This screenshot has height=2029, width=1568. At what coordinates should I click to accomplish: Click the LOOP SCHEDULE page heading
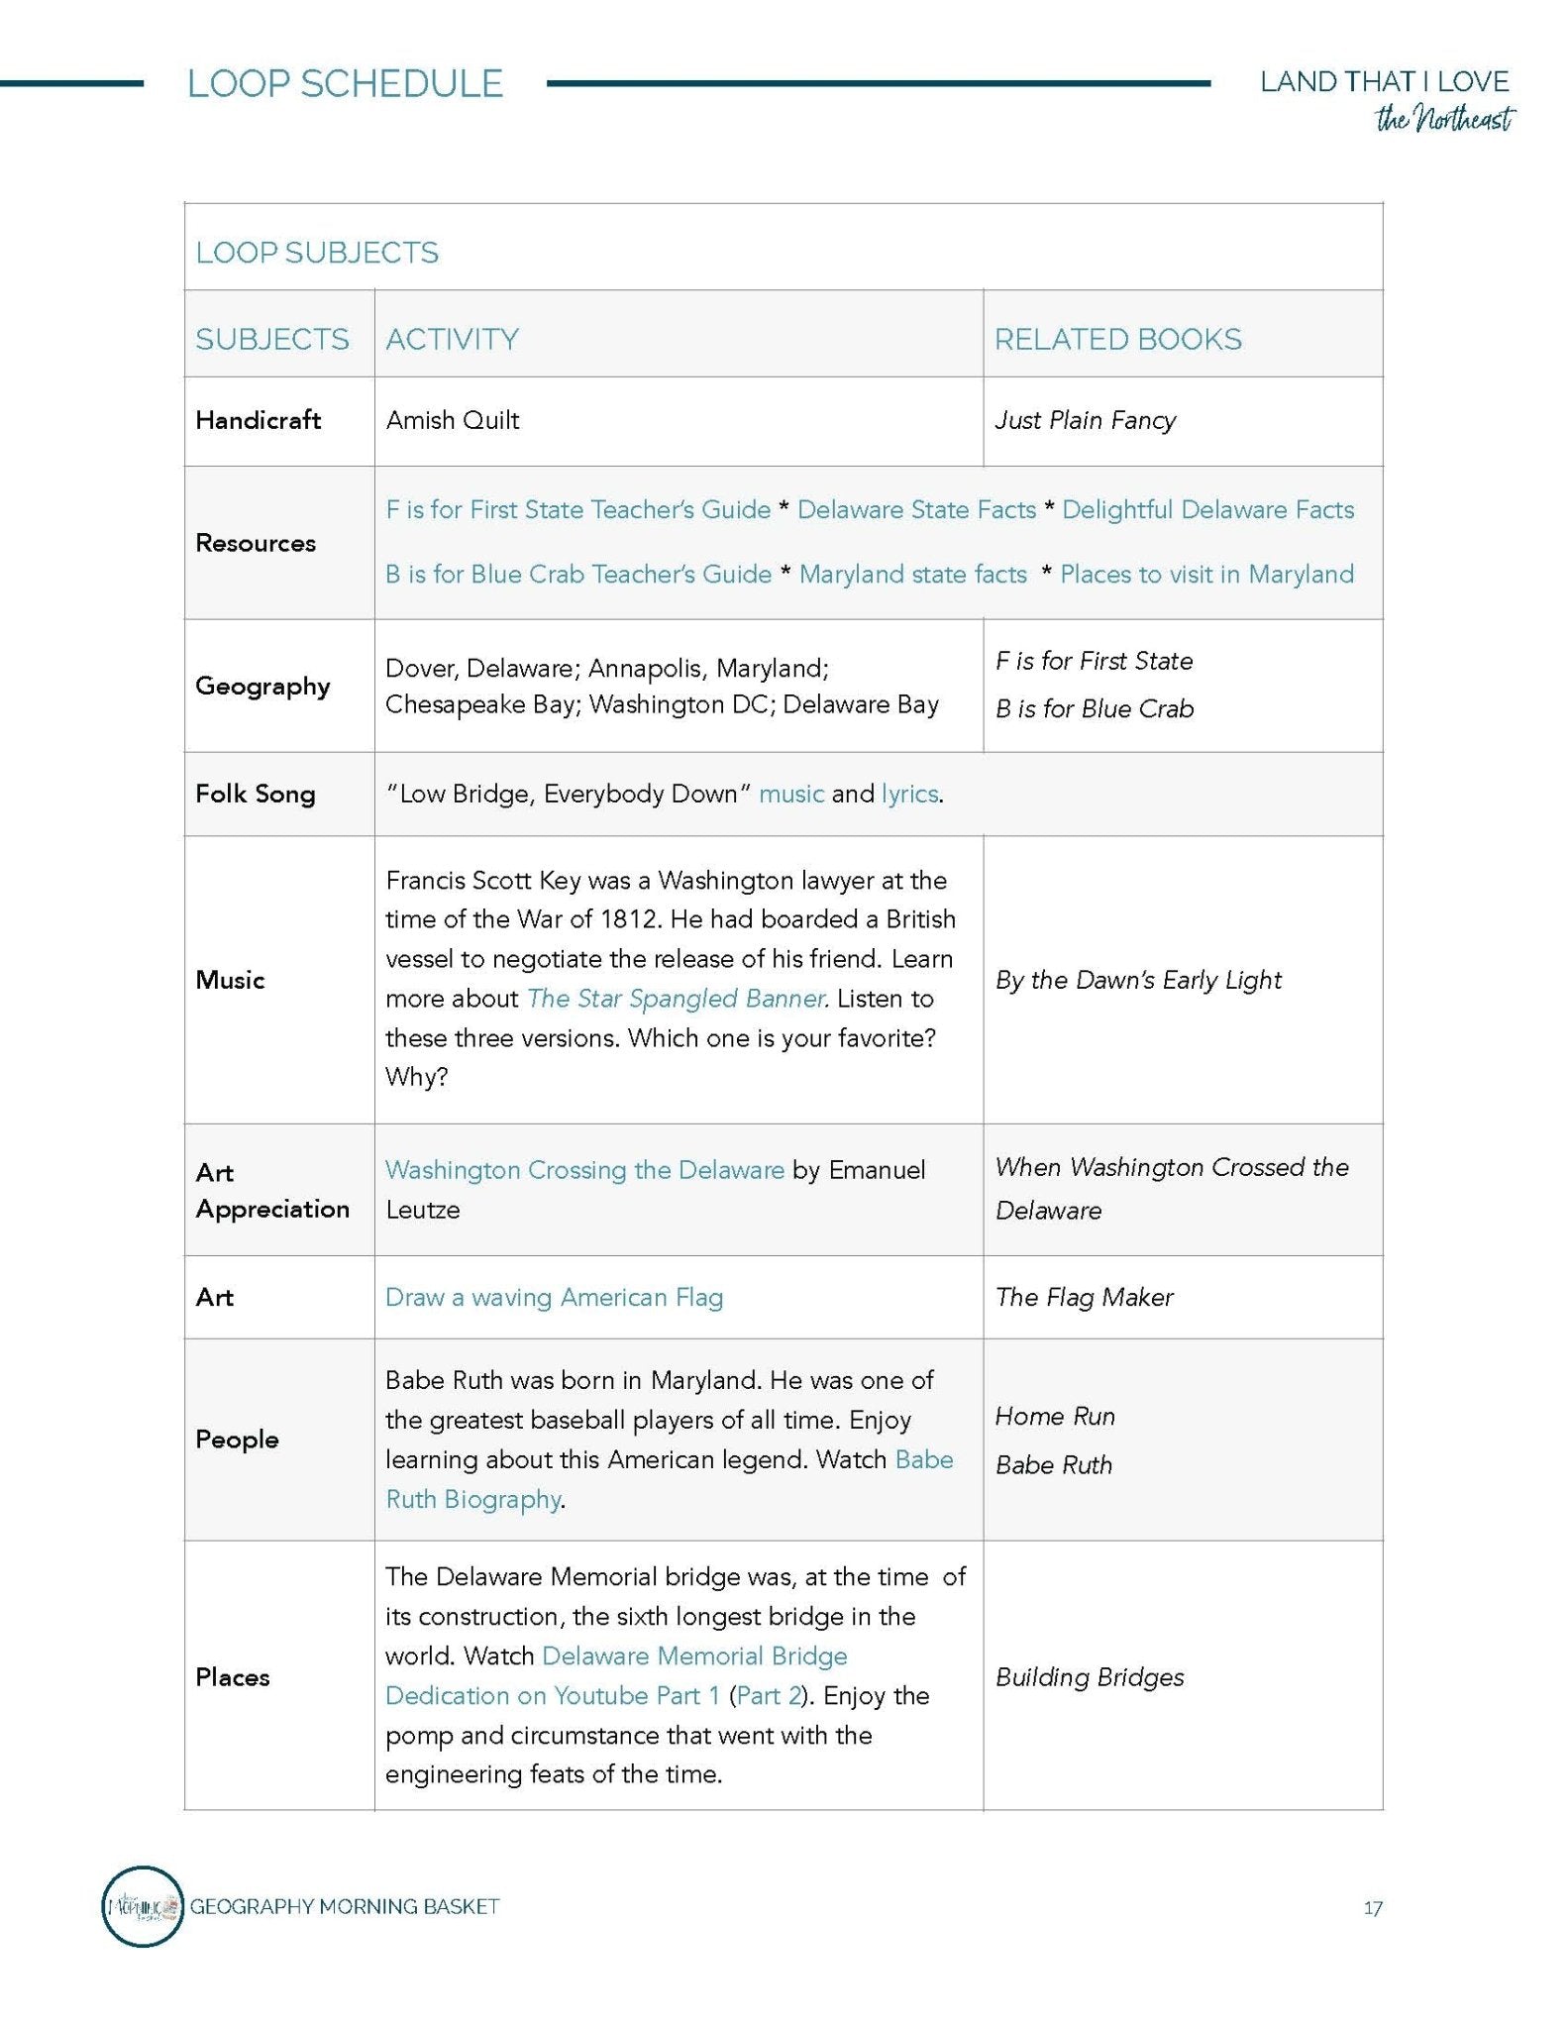coord(345,83)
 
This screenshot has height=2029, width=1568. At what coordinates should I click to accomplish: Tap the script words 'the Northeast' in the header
coord(1444,120)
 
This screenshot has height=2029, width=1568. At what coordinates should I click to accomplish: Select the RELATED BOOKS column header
coord(1117,339)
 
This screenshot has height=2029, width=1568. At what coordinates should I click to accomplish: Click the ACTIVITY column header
coord(452,339)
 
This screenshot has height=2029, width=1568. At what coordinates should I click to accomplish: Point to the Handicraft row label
coord(258,420)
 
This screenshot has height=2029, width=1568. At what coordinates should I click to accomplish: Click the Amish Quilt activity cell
coord(453,420)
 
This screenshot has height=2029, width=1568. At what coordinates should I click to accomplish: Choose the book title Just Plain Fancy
coord(1085,420)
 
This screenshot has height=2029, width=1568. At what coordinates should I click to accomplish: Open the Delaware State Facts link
coord(916,509)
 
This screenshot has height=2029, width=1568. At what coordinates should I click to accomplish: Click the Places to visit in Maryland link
coord(1206,574)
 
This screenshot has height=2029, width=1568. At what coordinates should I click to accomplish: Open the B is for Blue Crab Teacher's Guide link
coord(577,574)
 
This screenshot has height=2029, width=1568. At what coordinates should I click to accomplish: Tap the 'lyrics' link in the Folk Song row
coord(909,794)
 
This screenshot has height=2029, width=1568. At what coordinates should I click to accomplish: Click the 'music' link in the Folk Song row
coord(790,794)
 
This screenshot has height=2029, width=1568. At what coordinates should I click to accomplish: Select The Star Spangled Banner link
coord(678,999)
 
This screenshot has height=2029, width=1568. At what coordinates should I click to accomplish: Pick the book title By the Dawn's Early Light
coord(1138,980)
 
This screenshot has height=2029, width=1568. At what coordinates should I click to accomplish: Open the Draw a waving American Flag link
coord(554,1297)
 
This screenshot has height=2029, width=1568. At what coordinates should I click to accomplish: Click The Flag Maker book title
coord(1084,1297)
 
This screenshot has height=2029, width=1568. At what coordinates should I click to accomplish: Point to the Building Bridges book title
coord(1090,1677)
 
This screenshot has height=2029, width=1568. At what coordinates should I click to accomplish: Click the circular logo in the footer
coord(143,1906)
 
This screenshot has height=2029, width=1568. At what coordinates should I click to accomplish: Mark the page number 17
coord(1372,1908)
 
